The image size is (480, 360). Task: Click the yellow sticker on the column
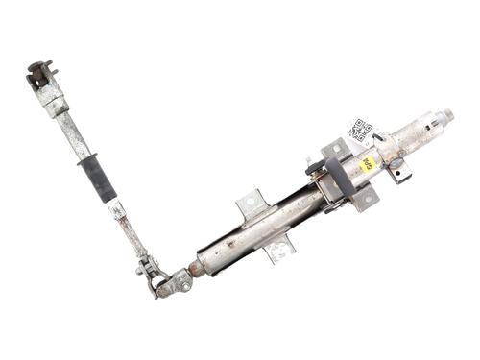pos(368,163)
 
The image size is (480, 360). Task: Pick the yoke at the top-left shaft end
pos(40,75)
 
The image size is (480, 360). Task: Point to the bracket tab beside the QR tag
pos(335,151)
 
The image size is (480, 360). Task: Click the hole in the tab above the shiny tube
pos(249,202)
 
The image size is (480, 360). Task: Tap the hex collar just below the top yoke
pos(52,95)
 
